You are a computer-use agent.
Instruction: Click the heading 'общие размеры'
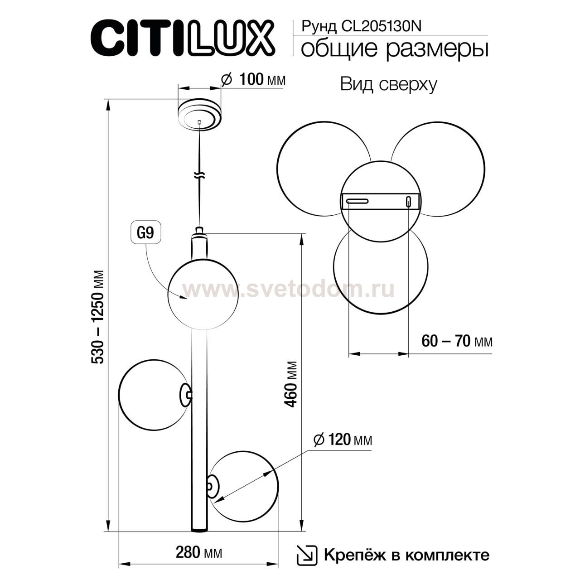[x=394, y=48]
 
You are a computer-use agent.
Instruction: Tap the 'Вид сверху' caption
[x=388, y=84]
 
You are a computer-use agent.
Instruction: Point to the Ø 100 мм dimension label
[x=253, y=80]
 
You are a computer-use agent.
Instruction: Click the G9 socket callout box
[x=145, y=233]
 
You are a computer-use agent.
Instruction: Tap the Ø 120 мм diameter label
[x=343, y=440]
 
